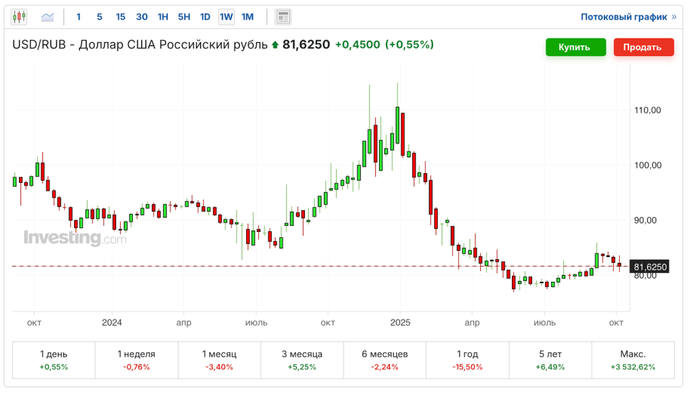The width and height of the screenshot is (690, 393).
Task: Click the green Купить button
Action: (x=573, y=47)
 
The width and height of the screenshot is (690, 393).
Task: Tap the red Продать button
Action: (x=643, y=47)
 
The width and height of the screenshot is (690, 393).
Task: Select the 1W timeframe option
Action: (x=226, y=17)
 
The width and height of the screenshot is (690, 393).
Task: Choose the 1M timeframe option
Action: (x=248, y=17)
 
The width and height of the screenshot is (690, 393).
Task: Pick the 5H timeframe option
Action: (x=183, y=17)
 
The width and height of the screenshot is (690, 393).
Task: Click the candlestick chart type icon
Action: (x=19, y=17)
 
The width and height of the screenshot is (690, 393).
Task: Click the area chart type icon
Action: (x=47, y=17)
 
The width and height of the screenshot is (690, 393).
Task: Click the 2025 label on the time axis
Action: (x=400, y=323)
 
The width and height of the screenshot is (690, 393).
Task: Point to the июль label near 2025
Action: (x=544, y=323)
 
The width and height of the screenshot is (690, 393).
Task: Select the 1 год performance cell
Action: (x=467, y=360)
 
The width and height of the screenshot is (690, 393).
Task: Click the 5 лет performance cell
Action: (x=550, y=360)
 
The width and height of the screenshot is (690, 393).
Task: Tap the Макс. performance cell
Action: (x=633, y=360)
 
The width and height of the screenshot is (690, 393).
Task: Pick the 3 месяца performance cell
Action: (x=301, y=360)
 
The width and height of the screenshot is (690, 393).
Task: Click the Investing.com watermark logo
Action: (x=75, y=238)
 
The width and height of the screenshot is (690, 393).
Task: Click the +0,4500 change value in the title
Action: (x=357, y=45)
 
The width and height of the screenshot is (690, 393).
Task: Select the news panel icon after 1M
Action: (x=283, y=17)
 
